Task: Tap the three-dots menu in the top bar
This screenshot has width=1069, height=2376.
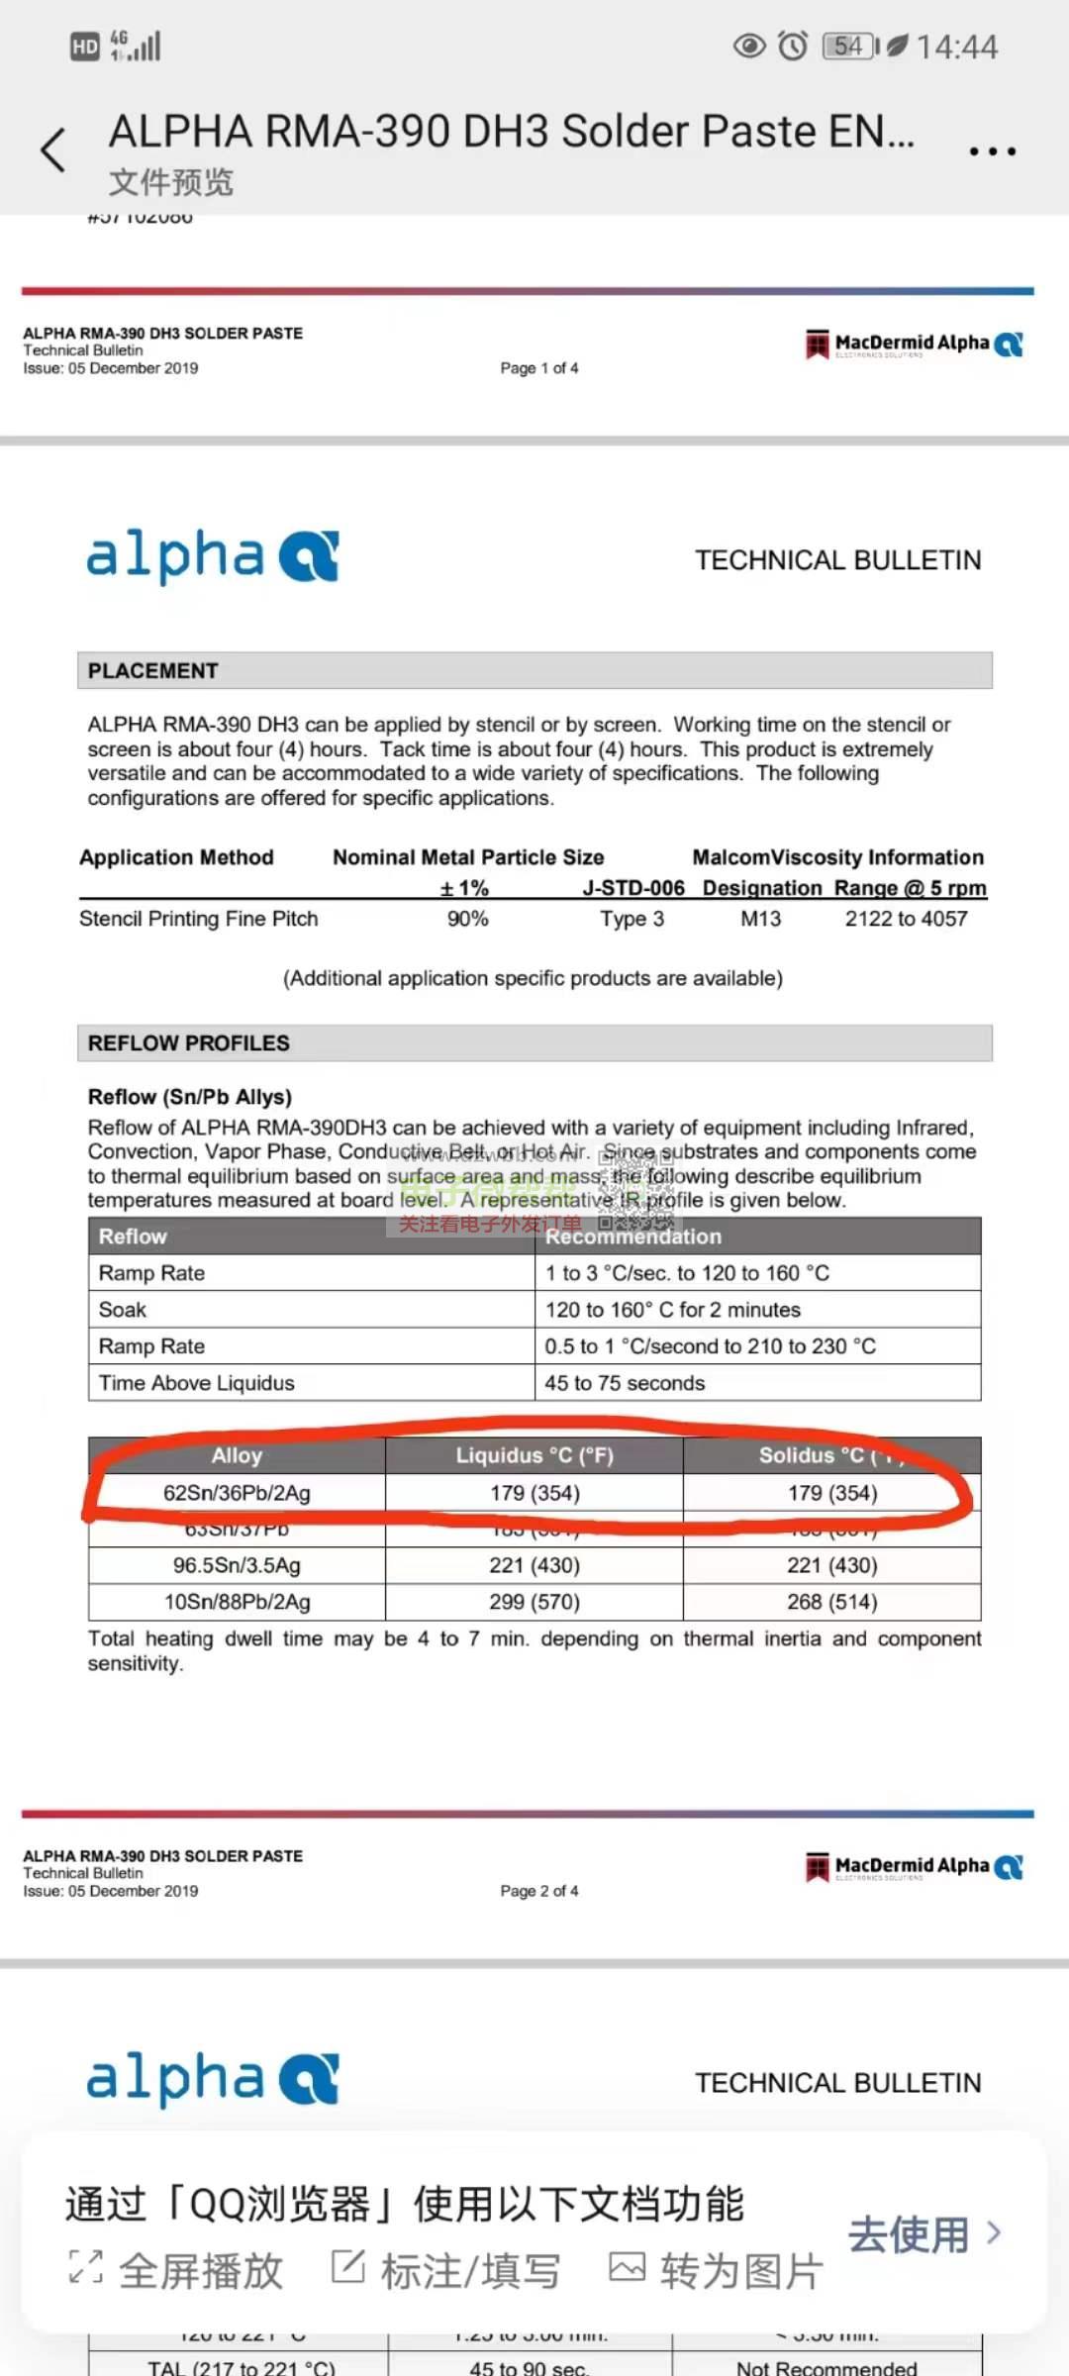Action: [992, 151]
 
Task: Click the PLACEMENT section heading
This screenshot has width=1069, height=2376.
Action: [153, 671]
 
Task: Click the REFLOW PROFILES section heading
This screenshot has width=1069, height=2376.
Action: [189, 1043]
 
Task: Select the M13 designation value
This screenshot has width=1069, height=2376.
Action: [760, 919]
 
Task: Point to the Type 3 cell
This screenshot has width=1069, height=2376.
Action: [632, 919]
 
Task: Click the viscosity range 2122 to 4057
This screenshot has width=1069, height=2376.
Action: [906, 919]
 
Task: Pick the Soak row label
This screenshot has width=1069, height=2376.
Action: [123, 1310]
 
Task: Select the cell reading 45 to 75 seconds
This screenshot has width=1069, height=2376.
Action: [625, 1383]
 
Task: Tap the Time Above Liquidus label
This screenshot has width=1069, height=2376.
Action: [197, 1383]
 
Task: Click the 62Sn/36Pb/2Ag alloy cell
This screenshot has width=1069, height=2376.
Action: [237, 1493]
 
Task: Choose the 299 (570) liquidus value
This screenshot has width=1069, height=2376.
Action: [534, 1602]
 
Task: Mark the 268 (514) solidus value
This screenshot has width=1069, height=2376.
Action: [832, 1602]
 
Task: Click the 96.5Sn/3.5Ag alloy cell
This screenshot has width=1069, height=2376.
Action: [237, 1565]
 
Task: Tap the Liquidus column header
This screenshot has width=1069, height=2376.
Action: [534, 1455]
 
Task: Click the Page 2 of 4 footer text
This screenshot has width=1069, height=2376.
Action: [539, 1891]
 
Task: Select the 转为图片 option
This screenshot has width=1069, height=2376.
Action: [716, 2271]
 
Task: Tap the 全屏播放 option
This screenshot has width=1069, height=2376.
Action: [176, 2271]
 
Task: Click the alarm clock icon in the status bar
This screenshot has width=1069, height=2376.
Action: [793, 46]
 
